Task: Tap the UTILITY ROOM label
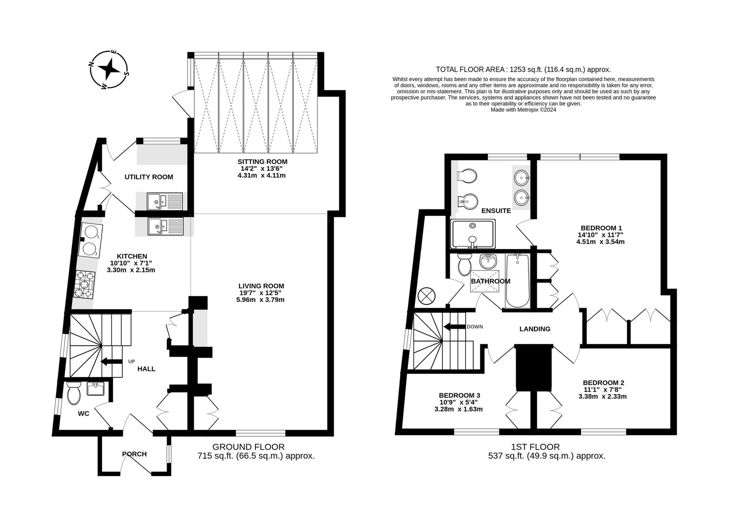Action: point(149,177)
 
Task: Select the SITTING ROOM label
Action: point(262,162)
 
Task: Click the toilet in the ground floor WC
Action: point(73,393)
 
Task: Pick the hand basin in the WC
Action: point(96,389)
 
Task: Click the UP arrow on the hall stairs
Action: point(110,361)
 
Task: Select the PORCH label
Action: point(134,454)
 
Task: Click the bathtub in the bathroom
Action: point(518,280)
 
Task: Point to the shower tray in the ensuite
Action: point(473,234)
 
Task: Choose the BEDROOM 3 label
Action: point(459,395)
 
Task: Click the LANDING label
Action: point(535,329)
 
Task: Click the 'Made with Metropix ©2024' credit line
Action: point(524,110)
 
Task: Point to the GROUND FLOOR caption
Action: point(248,447)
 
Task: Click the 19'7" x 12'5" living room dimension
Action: point(260,293)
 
